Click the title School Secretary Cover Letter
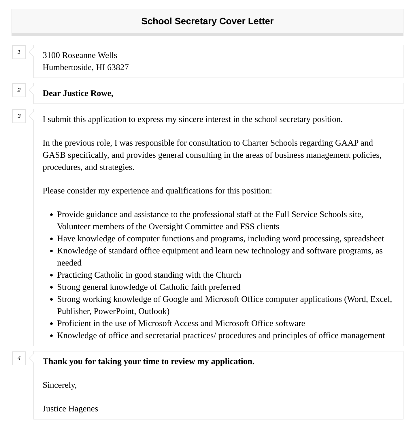pos(207,21)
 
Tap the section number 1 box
pos(19,52)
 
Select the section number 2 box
pos(19,90)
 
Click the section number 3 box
pos(19,116)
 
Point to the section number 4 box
pos(19,358)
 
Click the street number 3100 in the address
pos(51,55)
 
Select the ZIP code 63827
pos(118,67)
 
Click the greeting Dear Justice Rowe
pos(78,93)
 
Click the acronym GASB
pos(54,155)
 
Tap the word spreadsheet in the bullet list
pos(364,239)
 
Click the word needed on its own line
pos(69,263)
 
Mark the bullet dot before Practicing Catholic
pos(51,275)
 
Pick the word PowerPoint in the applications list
pos(114,311)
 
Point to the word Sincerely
pos(60,385)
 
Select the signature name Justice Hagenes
pos(70,409)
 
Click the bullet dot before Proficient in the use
pos(51,324)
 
